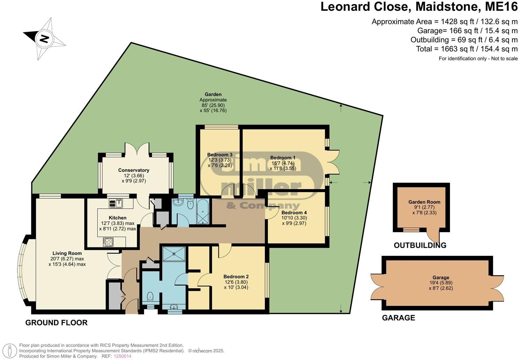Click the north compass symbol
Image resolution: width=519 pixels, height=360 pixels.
pyautogui.click(x=44, y=38)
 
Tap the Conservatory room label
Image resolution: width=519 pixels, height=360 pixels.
pyautogui.click(x=134, y=170)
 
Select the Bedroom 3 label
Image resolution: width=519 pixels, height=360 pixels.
pyautogui.click(x=220, y=155)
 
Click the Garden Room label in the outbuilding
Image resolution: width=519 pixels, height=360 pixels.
pyautogui.click(x=424, y=202)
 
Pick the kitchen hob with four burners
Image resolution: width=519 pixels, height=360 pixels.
pyautogui.click(x=108, y=242)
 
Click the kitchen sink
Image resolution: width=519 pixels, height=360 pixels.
pyautogui.click(x=115, y=203)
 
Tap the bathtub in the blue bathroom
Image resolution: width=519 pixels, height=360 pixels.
pyautogui.click(x=202, y=212)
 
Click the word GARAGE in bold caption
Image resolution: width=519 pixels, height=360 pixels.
pyautogui.click(x=398, y=318)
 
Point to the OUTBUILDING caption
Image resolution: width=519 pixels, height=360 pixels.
pyautogui.click(x=420, y=245)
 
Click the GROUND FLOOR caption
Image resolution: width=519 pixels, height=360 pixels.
pyautogui.click(x=56, y=323)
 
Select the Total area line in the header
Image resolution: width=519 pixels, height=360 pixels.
pyautogui.click(x=467, y=49)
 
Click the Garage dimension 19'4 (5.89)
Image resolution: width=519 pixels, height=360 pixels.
pyautogui.click(x=441, y=283)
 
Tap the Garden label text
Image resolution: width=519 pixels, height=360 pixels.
pyautogui.click(x=213, y=94)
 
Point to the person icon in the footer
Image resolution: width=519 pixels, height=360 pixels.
pyautogui.click(x=11, y=350)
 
